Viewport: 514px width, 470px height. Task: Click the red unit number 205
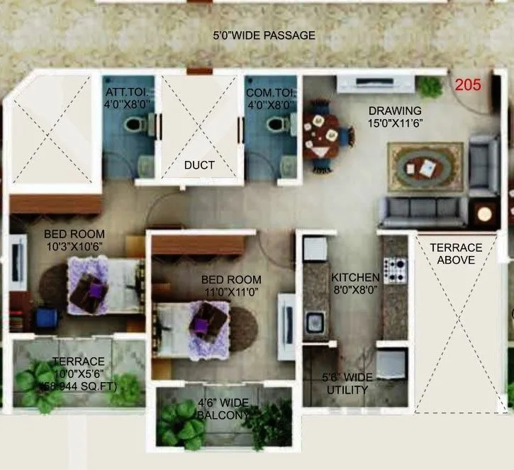(x=468, y=85)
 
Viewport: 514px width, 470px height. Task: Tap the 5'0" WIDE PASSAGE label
(x=265, y=35)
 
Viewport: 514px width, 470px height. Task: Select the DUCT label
(x=199, y=165)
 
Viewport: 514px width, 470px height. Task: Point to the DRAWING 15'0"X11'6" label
(x=394, y=117)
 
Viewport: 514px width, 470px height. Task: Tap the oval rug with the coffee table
(x=425, y=167)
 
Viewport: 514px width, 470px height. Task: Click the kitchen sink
(x=315, y=323)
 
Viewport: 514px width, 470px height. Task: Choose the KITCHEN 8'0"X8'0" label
(x=356, y=283)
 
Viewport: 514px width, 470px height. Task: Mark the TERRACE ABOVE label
(x=456, y=254)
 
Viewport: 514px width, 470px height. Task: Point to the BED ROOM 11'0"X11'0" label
(x=230, y=286)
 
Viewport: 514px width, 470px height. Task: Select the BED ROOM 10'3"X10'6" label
(x=74, y=240)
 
